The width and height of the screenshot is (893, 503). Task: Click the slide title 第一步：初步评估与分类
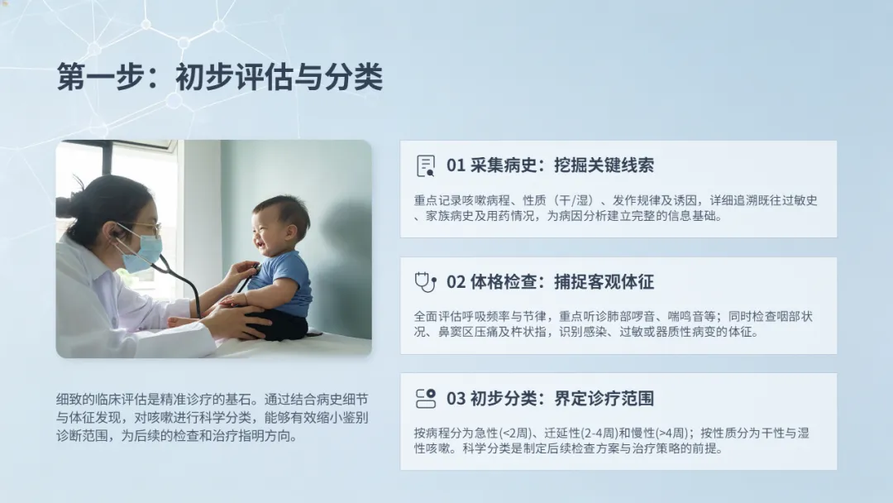[220, 77]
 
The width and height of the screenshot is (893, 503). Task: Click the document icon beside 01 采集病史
[426, 165]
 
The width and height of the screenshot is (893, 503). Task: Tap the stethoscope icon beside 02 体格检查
[426, 282]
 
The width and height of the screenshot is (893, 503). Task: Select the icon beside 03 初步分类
[426, 398]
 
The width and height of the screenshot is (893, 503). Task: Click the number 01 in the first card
[456, 165]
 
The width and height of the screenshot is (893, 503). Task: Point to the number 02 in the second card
[456, 282]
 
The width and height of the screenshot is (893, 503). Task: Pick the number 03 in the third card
[456, 398]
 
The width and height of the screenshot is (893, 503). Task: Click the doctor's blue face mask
[142, 253]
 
